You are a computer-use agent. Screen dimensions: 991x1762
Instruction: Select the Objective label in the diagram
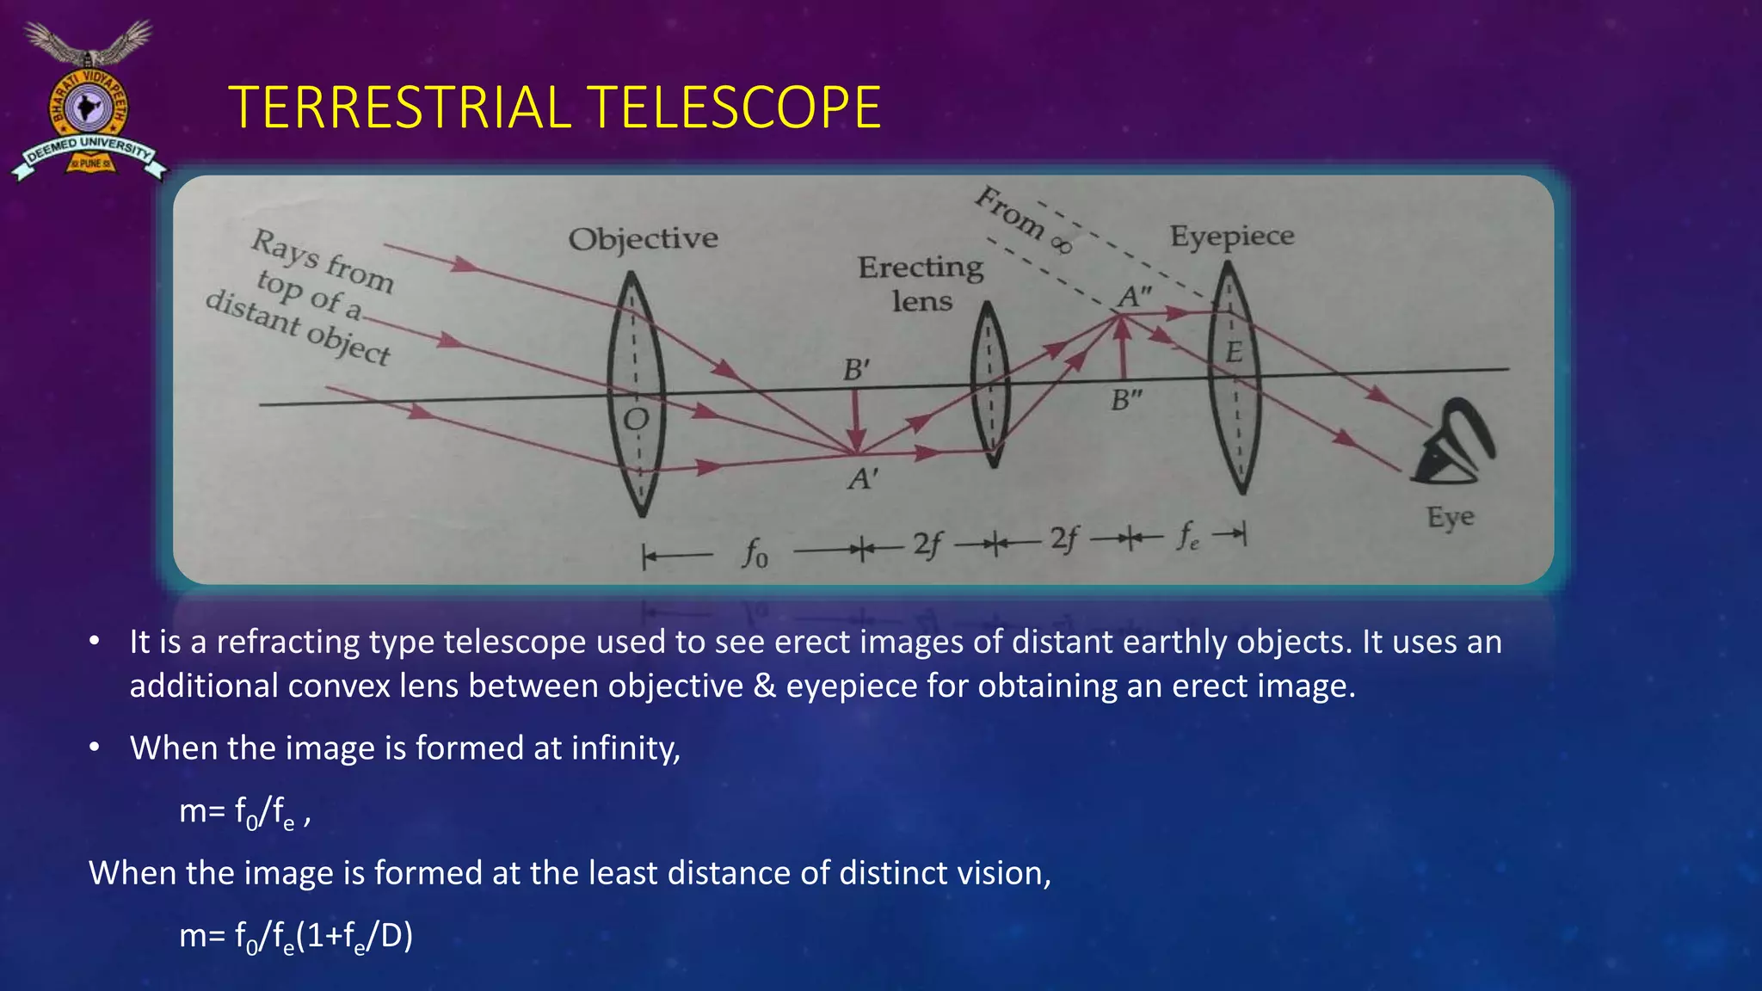coord(643,238)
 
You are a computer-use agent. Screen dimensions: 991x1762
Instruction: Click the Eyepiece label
coord(1231,236)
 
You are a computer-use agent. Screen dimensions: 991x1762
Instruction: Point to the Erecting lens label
coord(921,284)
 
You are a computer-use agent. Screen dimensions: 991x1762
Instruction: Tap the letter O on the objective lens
coord(636,420)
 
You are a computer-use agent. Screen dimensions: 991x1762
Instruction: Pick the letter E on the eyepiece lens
coord(1234,352)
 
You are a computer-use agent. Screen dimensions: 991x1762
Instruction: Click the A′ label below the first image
coord(863,478)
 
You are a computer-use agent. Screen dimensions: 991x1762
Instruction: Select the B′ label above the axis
coord(856,370)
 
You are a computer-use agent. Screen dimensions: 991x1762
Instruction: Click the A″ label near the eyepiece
coord(1135,297)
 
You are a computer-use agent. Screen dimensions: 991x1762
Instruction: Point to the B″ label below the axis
coord(1126,400)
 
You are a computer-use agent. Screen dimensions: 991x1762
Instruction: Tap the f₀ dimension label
coord(755,553)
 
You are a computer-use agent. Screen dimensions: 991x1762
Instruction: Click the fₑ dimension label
coord(1188,537)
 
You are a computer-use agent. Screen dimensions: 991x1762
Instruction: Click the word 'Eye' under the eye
coord(1450,517)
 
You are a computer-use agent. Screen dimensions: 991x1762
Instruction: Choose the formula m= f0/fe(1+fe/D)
coord(296,936)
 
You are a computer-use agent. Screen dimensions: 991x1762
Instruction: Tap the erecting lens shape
coord(989,385)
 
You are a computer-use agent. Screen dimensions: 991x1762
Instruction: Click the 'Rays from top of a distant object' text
coord(310,297)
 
